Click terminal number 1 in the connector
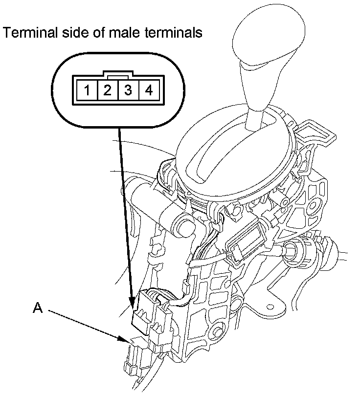(x=86, y=90)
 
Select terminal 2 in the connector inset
(x=107, y=90)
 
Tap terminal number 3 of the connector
(x=128, y=90)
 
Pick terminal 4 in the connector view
(x=149, y=90)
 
